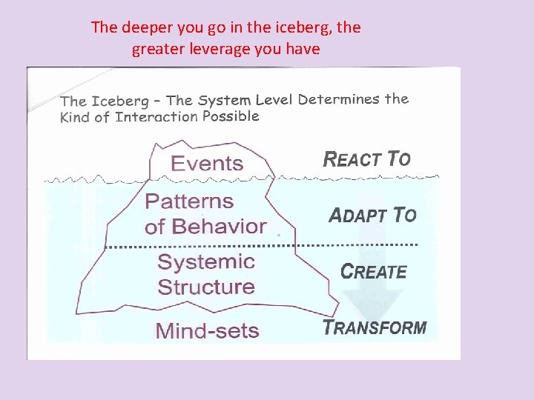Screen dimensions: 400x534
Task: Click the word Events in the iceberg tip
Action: coord(207,163)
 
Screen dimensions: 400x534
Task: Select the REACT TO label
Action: coord(366,158)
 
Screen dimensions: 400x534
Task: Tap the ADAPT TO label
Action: coord(372,215)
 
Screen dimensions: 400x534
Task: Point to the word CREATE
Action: coord(374,271)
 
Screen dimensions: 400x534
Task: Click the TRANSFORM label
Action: coord(375,327)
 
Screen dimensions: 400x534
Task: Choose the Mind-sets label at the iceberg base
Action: coord(207,330)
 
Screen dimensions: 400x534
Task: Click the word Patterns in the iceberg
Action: coord(189,201)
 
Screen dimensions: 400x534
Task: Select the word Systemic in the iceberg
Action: coord(206,261)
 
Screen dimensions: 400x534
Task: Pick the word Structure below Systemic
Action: coord(206,287)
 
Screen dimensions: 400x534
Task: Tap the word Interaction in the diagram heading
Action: coord(156,117)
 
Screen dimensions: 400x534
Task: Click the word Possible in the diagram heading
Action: coord(231,116)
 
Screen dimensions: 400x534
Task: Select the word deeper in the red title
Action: coord(148,28)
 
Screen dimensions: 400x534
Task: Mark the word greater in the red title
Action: coord(156,50)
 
